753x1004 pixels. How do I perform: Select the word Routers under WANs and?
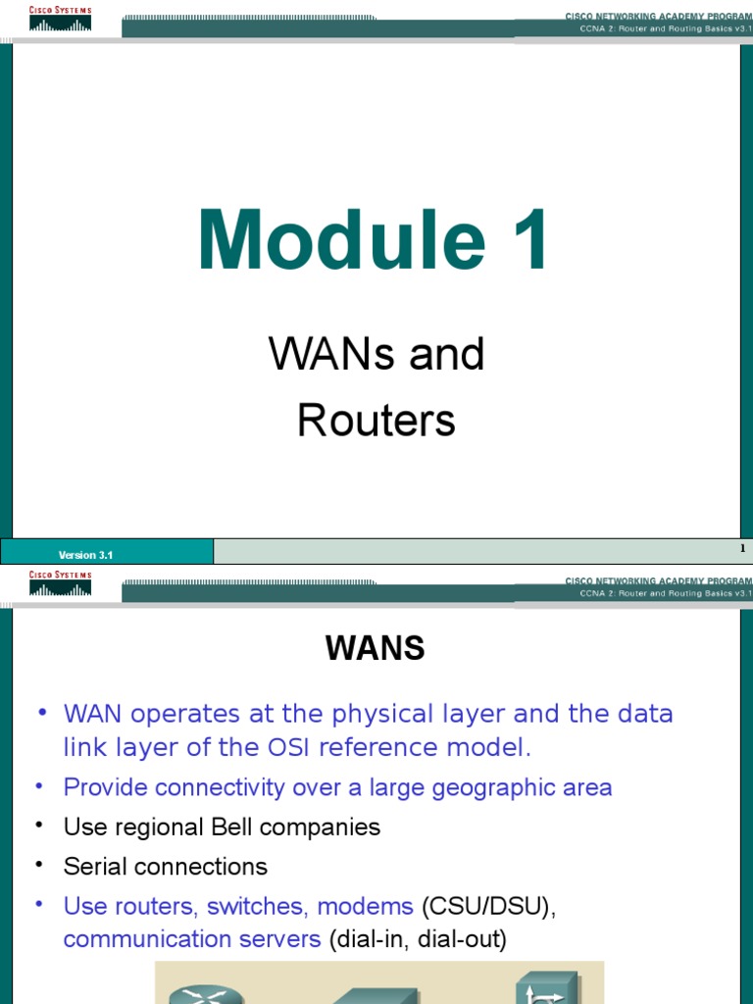tap(376, 421)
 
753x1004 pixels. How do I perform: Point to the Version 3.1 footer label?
tap(86, 555)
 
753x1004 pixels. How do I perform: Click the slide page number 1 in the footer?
tap(743, 549)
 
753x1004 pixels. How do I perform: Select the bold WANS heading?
tap(376, 648)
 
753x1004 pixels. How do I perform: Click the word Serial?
tap(95, 867)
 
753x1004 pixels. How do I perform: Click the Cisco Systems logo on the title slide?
tap(61, 19)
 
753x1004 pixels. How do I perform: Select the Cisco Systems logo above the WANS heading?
tap(61, 582)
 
